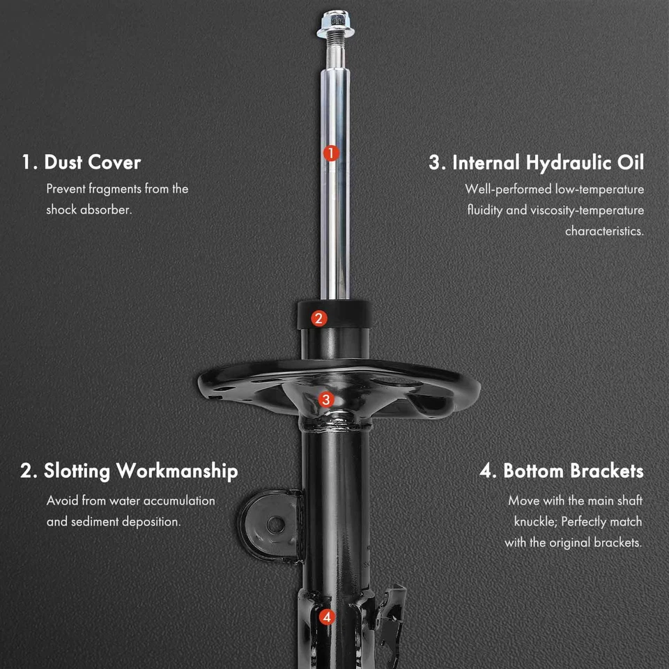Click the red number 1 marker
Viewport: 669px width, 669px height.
[x=331, y=153]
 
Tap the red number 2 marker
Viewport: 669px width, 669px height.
[x=318, y=318]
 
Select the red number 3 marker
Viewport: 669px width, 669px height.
[x=326, y=399]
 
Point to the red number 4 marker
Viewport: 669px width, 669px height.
[x=327, y=617]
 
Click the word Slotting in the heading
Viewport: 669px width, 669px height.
[x=77, y=471]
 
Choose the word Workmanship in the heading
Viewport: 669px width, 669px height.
[x=177, y=471]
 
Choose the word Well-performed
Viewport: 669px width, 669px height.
[x=507, y=189]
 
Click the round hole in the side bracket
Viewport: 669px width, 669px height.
[x=276, y=525]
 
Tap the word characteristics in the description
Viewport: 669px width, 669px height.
[x=604, y=231]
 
